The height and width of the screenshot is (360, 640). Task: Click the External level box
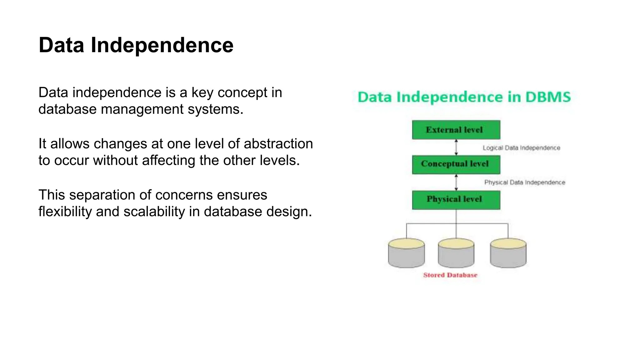pos(456,130)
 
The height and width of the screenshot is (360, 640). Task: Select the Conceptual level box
pos(456,164)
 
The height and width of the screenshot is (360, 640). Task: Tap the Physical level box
pos(456,200)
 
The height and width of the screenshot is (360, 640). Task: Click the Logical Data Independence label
pos(521,148)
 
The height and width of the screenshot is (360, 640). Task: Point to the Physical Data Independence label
pos(525,182)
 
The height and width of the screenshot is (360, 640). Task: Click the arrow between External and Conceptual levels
pos(456,147)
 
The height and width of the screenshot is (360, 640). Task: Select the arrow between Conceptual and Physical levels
pos(456,182)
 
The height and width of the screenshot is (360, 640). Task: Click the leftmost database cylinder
pos(406,254)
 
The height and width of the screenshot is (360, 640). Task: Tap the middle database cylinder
pos(456,254)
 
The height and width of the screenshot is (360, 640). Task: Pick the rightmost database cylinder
pos(508,254)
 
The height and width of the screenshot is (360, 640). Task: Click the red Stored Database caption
pos(450,275)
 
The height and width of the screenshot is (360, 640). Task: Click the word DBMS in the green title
pos(548,97)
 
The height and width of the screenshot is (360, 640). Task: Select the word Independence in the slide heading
pos(162,45)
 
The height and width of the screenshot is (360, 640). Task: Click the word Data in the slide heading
pos(61,45)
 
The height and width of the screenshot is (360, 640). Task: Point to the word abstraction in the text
pos(278,144)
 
